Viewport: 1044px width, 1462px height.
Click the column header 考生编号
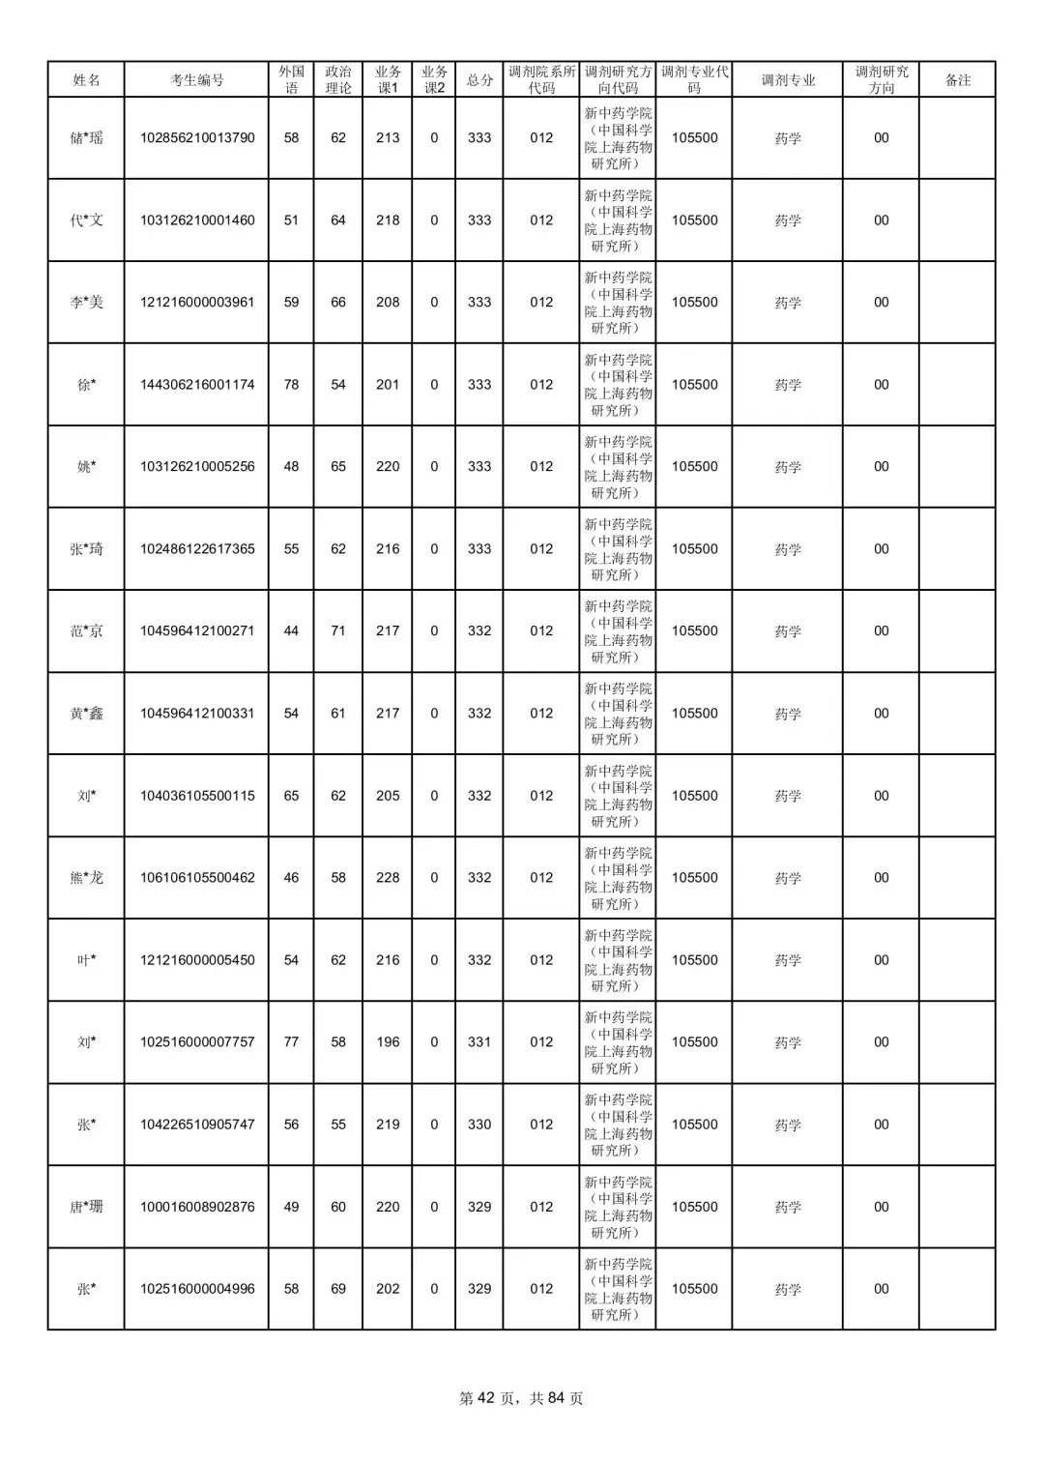point(197,80)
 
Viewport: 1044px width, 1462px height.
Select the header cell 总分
point(479,80)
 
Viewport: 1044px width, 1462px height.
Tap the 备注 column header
point(957,80)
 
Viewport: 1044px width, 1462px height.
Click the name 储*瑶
point(86,138)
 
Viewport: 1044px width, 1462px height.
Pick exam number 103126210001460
point(197,220)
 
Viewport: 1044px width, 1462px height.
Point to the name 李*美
point(86,303)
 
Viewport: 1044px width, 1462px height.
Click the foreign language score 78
point(291,385)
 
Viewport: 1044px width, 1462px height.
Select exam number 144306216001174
point(197,385)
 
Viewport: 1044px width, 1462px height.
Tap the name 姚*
point(86,467)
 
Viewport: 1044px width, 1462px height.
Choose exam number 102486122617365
point(197,549)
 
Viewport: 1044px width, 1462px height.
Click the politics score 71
point(338,631)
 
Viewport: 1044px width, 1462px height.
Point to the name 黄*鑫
point(86,714)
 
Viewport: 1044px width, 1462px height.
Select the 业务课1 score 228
point(388,878)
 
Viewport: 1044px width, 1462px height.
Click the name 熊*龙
point(86,878)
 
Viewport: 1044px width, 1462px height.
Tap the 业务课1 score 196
point(388,1042)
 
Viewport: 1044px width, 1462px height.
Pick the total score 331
point(479,1042)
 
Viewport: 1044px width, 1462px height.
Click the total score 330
point(479,1125)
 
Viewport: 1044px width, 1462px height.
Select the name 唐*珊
point(86,1207)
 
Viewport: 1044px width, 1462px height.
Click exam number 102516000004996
point(197,1289)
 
